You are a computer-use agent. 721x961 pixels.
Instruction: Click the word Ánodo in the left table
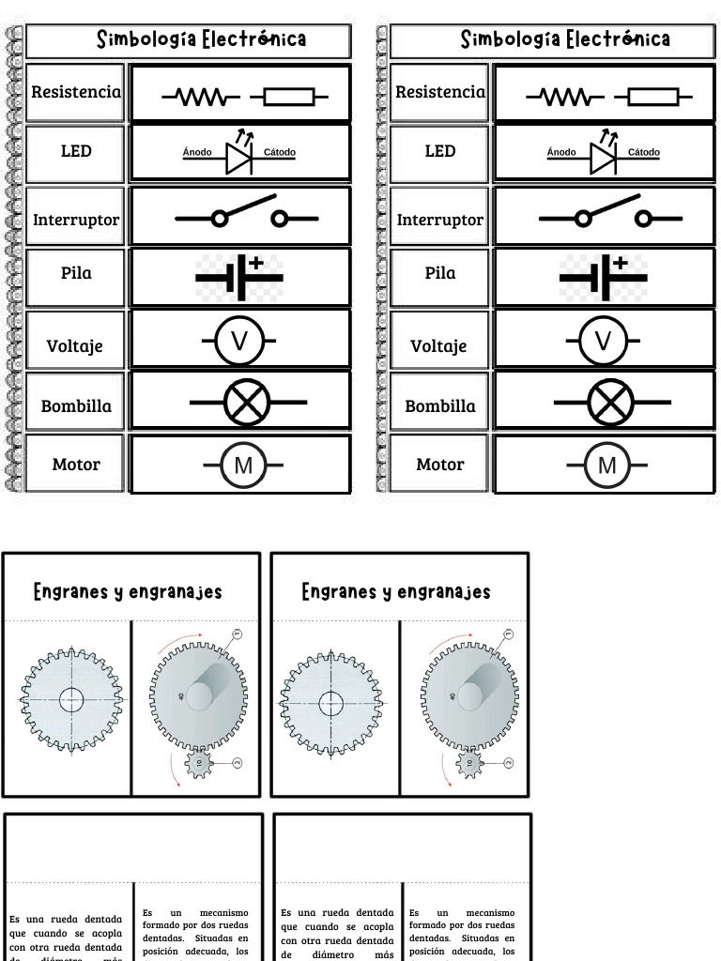point(197,152)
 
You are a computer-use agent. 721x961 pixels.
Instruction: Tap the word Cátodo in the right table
point(644,152)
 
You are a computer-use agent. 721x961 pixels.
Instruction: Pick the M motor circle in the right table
point(607,465)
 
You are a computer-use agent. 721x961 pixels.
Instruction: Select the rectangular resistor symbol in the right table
point(652,96)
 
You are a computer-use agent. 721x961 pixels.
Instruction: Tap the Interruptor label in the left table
point(76,220)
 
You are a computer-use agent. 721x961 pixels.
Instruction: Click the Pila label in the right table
point(439,273)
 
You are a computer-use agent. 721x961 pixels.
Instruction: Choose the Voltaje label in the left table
point(75,345)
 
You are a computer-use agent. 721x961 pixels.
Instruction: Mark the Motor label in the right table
point(439,465)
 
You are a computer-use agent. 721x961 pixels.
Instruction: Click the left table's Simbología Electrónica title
point(202,39)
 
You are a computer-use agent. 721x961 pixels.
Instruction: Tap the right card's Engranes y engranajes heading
point(396,592)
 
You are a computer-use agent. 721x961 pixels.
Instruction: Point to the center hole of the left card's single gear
point(70,700)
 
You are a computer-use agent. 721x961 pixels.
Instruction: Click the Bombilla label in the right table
point(439,406)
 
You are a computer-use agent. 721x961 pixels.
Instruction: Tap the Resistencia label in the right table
point(440,92)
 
